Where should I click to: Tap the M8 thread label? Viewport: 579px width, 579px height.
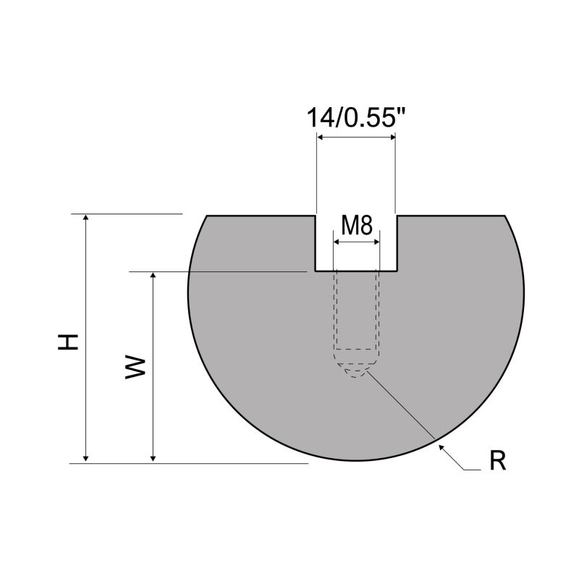356,226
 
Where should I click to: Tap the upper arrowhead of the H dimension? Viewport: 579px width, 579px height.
86,219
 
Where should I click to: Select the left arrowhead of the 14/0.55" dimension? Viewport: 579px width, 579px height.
321,138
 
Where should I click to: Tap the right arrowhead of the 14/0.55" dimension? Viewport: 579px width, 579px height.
391,138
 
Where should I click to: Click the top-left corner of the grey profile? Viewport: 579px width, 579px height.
208,216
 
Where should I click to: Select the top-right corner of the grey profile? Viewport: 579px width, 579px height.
504,216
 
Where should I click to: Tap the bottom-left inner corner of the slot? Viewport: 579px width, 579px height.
314,271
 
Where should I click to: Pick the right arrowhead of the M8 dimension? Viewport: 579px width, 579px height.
375,242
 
